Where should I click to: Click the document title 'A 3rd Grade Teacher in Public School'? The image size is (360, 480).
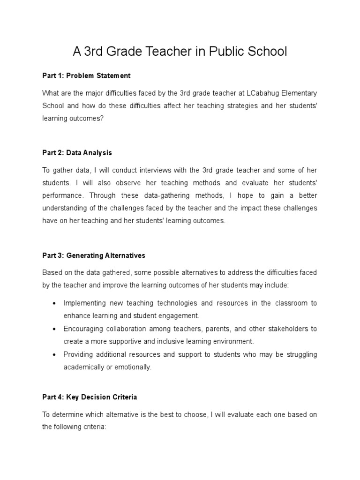[x=180, y=52]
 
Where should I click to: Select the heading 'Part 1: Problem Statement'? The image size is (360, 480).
[x=86, y=75]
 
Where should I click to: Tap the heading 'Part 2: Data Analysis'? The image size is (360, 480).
[x=77, y=153]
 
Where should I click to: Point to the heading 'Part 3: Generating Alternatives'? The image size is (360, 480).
[x=94, y=255]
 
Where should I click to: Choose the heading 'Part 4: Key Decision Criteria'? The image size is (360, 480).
[x=90, y=397]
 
